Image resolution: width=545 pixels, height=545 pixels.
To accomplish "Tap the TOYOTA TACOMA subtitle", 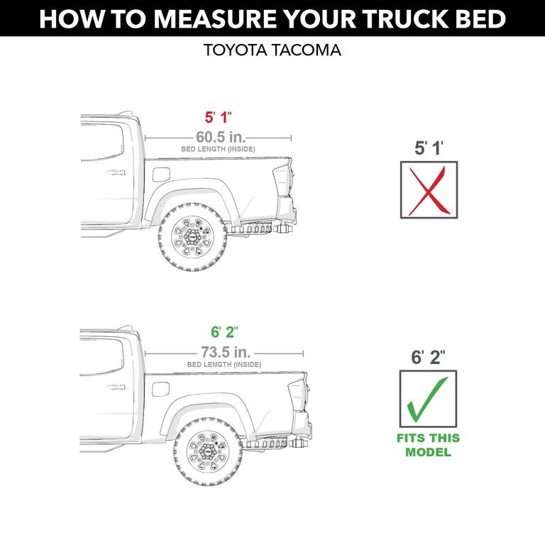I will [272, 51].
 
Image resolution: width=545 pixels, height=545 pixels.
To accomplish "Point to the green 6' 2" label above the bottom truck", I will [224, 332].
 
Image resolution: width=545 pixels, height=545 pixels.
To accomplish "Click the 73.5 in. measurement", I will [224, 351].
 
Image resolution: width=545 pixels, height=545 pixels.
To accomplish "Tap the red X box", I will [429, 189].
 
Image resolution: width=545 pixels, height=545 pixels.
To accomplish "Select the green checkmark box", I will [428, 399].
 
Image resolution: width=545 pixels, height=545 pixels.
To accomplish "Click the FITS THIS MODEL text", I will [428, 445].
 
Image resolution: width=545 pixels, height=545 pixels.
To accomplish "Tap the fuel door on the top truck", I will [161, 174].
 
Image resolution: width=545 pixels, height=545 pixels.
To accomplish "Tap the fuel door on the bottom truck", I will [161, 389].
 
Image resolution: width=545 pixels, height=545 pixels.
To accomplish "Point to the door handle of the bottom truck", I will [114, 387].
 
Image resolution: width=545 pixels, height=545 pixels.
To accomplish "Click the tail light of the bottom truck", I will [297, 395].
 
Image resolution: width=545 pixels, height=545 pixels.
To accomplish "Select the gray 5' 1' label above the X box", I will [429, 148].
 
